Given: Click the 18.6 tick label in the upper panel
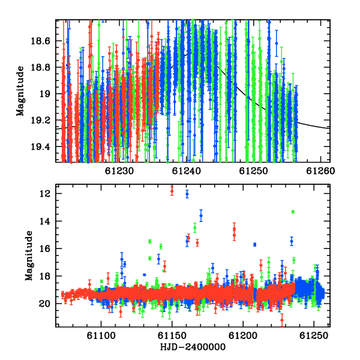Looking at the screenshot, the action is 40,41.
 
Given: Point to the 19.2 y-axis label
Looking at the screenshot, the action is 40,121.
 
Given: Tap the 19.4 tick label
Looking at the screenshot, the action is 40,147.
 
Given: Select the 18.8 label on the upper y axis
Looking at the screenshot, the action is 40,68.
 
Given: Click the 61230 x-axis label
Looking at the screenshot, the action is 119,171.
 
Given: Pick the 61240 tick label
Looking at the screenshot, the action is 187,171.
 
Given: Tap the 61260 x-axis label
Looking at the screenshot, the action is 320,171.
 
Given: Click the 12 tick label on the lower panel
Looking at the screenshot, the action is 45,194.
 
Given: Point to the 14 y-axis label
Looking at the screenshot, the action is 45,221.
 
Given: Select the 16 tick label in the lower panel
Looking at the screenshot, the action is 45,249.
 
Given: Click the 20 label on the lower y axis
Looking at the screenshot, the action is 44,304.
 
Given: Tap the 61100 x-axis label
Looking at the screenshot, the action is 101,336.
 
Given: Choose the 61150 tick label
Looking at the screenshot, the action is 172,336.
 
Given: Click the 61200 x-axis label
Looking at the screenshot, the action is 243,336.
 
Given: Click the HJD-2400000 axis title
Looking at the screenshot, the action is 193,347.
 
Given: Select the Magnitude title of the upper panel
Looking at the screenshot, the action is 20,91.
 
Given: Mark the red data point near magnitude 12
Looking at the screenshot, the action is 172,191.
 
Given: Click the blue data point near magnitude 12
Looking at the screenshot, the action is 187,194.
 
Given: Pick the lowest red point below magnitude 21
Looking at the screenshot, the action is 282,320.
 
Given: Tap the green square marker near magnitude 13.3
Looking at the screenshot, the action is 293,212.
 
